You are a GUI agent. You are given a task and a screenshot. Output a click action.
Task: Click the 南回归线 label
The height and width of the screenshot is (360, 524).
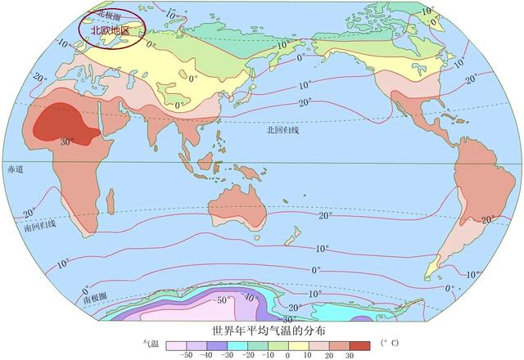point(39,224)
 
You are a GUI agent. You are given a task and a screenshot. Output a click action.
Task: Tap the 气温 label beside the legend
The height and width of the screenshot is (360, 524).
point(151,345)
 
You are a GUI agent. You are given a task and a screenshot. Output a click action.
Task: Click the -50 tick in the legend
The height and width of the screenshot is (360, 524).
point(186,356)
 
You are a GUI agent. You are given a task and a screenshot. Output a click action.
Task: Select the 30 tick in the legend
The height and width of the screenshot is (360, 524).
point(349,356)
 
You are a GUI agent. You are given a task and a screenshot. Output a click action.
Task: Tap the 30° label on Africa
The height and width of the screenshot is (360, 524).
point(67,141)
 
